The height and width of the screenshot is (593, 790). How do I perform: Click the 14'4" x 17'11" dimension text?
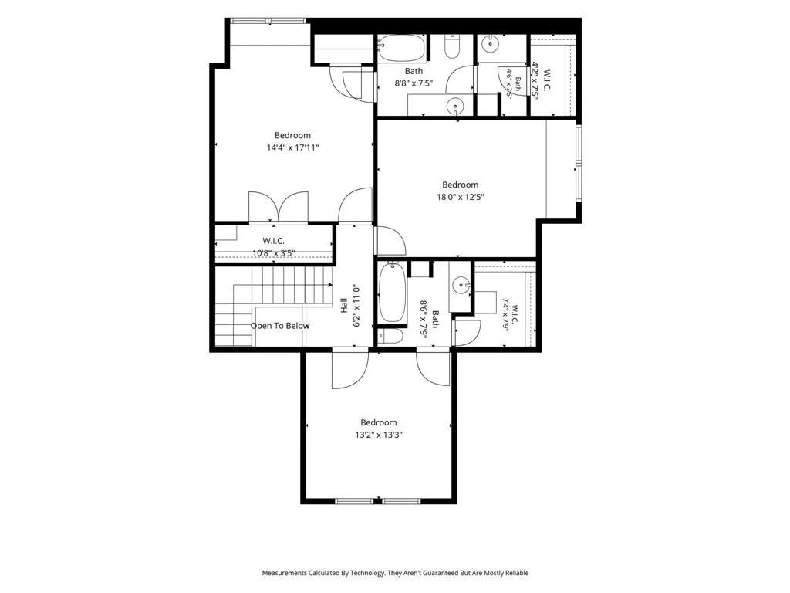(x=292, y=147)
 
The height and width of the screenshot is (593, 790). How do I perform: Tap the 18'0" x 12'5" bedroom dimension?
(x=461, y=197)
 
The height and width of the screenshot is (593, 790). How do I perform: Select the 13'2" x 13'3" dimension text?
(x=378, y=435)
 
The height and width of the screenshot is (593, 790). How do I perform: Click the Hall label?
(x=343, y=306)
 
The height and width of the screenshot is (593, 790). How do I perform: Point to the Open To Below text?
(x=280, y=326)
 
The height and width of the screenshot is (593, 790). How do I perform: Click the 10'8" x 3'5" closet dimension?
(x=274, y=253)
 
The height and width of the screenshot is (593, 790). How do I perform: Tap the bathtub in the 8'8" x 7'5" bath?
(x=402, y=49)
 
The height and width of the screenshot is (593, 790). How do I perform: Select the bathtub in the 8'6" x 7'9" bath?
(x=392, y=293)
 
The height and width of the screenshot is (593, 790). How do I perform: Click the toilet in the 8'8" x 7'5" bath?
(x=452, y=46)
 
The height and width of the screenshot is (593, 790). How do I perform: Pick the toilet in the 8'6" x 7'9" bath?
(x=390, y=337)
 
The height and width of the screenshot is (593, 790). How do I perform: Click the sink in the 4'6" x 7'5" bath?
(x=490, y=44)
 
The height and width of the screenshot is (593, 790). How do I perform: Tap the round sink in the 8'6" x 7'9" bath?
(x=461, y=286)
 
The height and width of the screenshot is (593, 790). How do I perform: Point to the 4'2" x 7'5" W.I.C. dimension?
(x=535, y=81)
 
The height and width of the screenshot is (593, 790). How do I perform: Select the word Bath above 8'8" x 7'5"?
(x=414, y=71)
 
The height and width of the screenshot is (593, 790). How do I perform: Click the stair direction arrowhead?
(x=330, y=285)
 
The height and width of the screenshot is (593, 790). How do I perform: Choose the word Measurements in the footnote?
(x=284, y=573)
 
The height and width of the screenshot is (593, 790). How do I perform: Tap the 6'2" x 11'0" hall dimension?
(x=356, y=306)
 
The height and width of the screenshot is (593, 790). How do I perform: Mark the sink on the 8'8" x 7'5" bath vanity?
(x=455, y=107)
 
